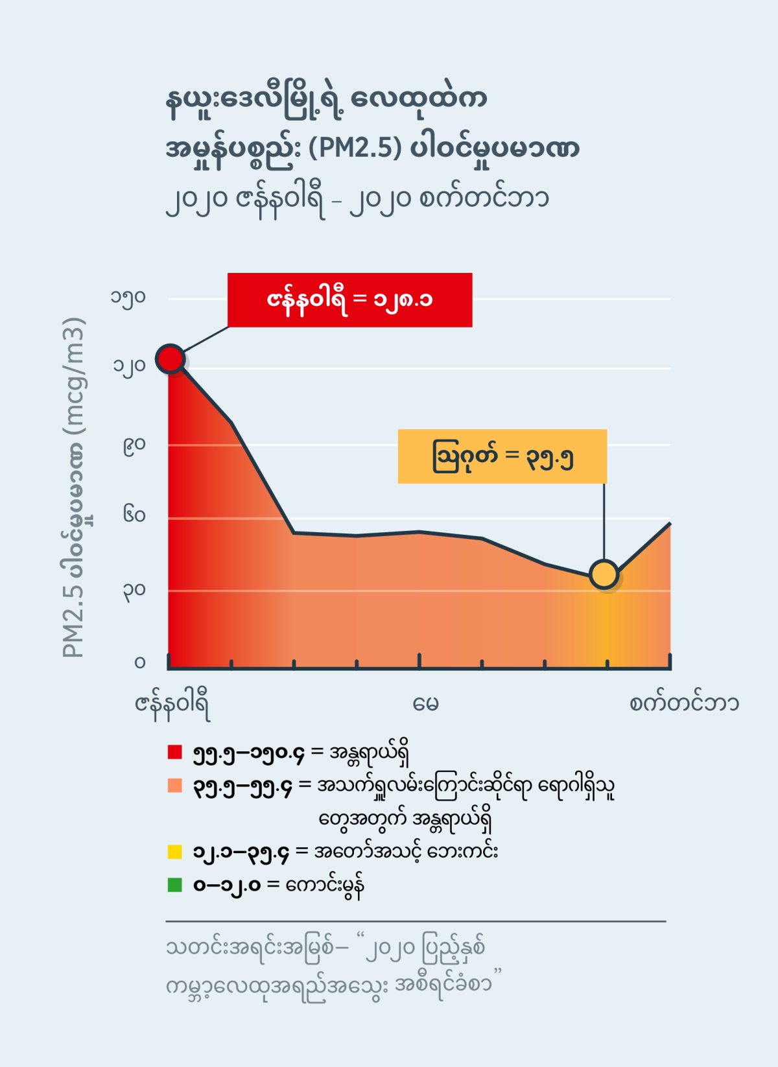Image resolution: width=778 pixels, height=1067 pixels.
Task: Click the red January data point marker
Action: click(x=171, y=358)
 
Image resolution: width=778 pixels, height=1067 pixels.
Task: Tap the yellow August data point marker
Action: click(x=604, y=574)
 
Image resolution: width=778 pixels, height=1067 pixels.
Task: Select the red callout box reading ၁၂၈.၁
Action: click(x=349, y=299)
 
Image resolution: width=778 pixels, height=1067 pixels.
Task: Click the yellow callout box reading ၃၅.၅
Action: click(x=502, y=456)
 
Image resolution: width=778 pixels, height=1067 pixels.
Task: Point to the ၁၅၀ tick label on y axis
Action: click(x=128, y=298)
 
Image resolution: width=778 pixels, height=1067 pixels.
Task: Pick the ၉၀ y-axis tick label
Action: click(x=134, y=445)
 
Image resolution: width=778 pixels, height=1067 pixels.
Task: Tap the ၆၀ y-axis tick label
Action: click(x=134, y=516)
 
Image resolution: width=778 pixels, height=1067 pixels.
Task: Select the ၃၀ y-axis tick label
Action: click(x=134, y=591)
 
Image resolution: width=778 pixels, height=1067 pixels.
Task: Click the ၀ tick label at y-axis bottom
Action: click(x=140, y=662)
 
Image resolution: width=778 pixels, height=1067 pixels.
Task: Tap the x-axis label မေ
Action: click(x=425, y=704)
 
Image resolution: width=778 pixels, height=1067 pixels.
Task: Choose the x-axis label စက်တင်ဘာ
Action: click(x=683, y=703)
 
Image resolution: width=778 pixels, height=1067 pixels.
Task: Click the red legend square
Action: click(x=174, y=752)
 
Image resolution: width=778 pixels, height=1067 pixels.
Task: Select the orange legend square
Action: click(x=174, y=786)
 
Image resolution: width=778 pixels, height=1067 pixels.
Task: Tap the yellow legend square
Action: click(x=174, y=852)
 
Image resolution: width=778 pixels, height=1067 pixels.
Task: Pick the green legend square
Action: click(x=174, y=885)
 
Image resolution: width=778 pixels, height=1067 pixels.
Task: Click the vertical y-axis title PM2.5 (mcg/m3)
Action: click(x=74, y=487)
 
